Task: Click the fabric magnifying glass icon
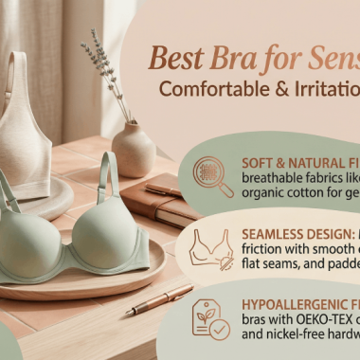(x=213, y=176)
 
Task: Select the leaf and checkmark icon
(x=210, y=318)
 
